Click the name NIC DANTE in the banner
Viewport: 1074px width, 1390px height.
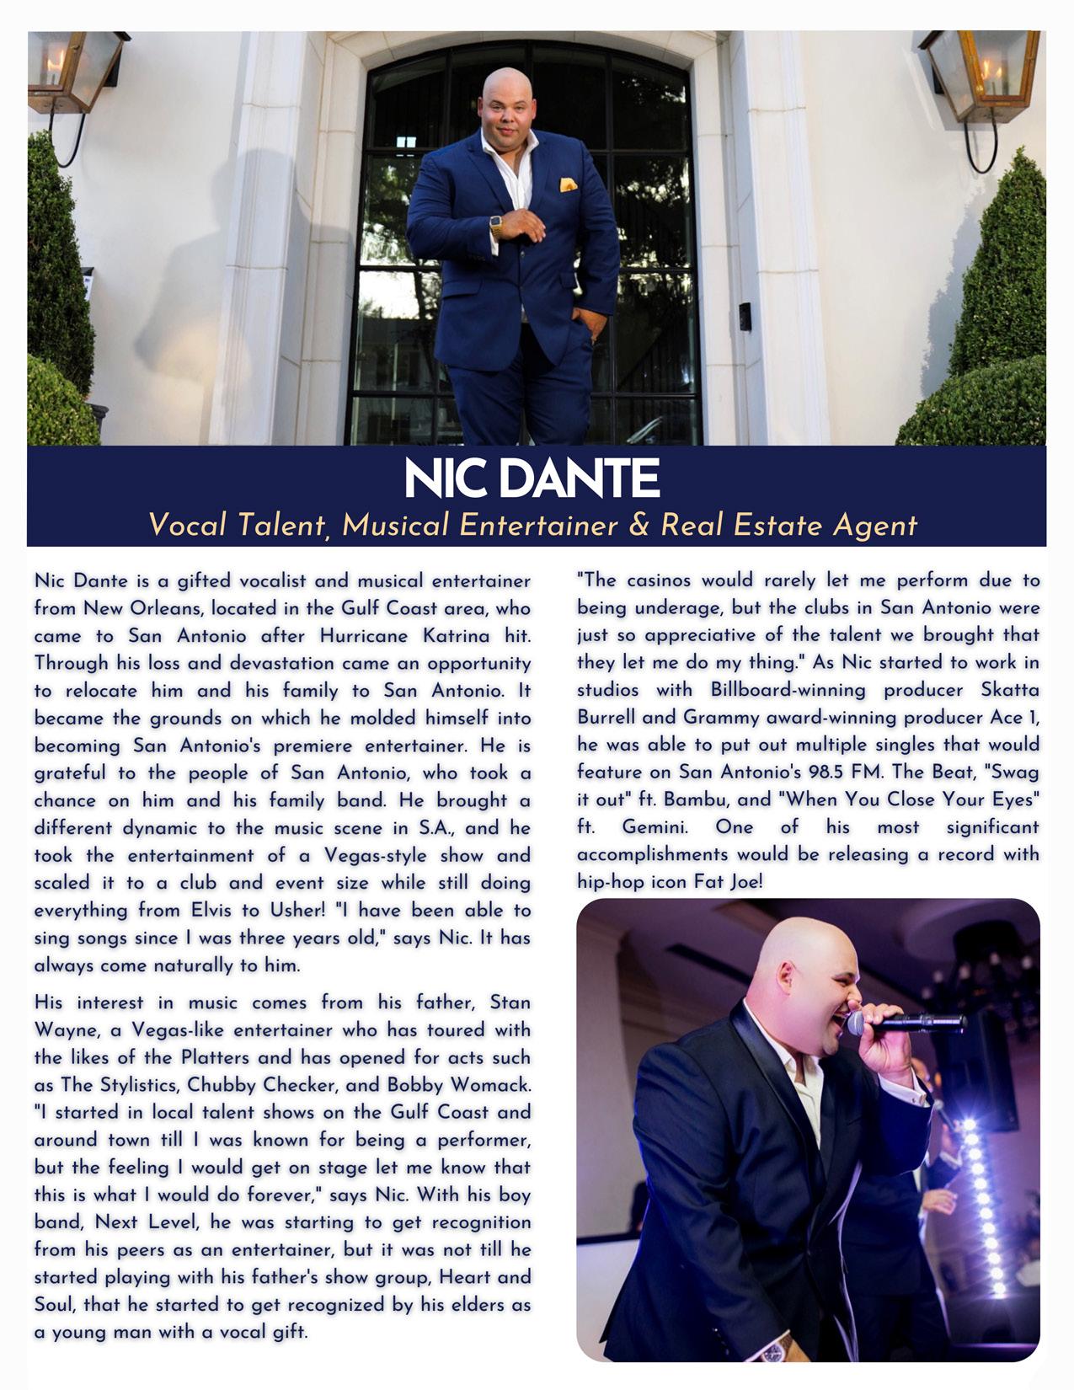(532, 478)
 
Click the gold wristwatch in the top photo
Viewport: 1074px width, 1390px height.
(496, 227)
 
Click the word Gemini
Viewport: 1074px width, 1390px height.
(655, 827)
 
